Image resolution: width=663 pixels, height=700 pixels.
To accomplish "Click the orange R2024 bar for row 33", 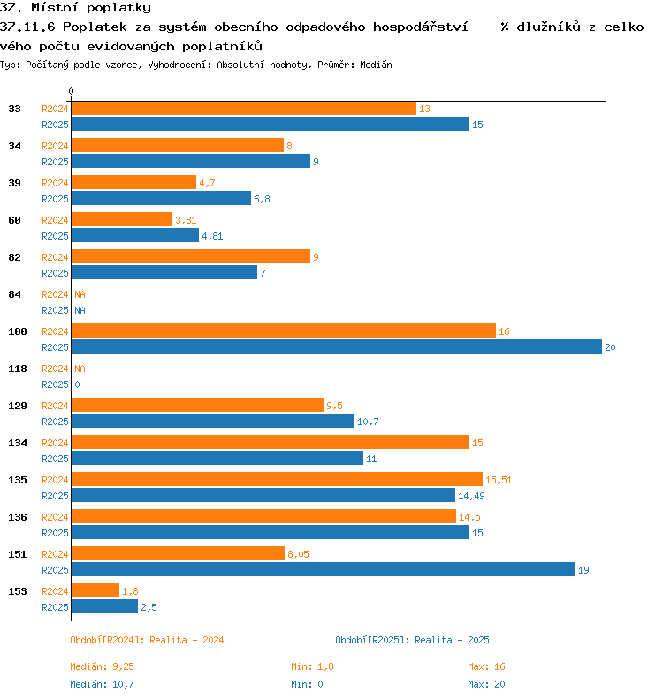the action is click(244, 109).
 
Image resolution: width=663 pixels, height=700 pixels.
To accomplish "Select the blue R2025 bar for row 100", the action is click(337, 346).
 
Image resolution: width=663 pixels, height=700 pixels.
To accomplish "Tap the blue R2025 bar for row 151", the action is click(324, 570).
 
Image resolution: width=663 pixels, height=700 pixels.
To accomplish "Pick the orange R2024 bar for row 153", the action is click(95, 590).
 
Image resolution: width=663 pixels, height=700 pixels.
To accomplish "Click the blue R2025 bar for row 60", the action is click(135, 235).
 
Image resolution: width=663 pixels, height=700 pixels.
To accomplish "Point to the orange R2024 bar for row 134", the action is click(271, 442).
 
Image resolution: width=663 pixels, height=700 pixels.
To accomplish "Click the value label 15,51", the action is click(499, 480).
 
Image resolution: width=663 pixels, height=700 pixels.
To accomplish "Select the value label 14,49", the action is click(471, 496).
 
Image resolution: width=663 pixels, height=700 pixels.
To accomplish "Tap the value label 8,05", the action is click(298, 554).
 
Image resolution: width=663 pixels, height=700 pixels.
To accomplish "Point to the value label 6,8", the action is click(262, 199).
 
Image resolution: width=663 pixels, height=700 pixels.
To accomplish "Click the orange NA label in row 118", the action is click(80, 369).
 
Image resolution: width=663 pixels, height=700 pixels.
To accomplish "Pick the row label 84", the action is click(15, 294).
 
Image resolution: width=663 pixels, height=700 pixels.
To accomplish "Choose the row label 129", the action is click(18, 406).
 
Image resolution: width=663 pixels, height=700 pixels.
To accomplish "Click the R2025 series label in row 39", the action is click(55, 199).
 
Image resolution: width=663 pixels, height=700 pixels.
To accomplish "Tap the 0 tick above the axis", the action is click(71, 91).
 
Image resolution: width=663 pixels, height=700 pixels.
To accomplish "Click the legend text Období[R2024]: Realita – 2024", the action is click(147, 640).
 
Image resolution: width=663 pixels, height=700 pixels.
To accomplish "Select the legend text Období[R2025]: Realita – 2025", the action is click(412, 640).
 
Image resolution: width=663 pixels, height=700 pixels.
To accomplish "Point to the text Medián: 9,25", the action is click(102, 666).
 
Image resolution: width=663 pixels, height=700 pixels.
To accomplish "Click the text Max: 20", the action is click(487, 684).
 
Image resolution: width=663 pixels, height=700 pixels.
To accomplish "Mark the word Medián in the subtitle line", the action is click(376, 65).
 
